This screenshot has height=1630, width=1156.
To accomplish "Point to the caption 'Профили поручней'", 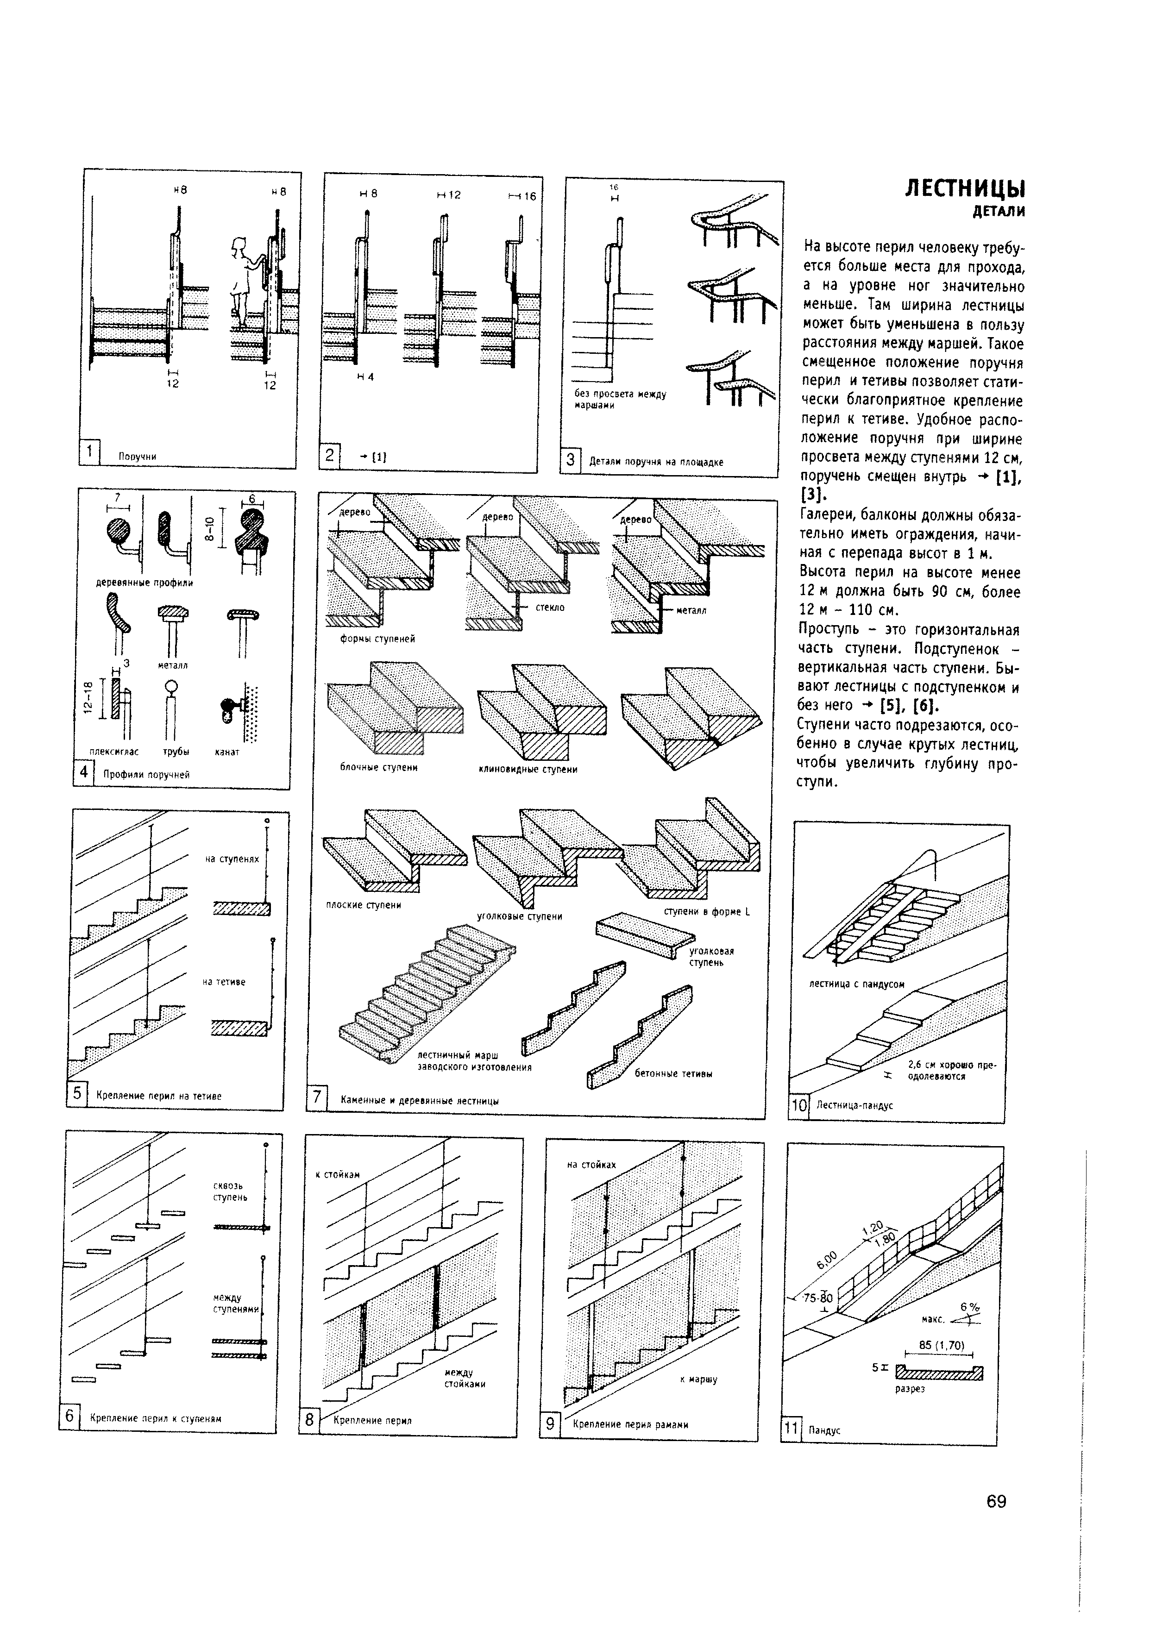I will point(147,774).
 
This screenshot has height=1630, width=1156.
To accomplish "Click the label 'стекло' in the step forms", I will point(550,607).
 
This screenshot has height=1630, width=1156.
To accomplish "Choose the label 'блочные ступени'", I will point(379,767).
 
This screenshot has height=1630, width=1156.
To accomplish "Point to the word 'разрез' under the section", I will point(910,1389).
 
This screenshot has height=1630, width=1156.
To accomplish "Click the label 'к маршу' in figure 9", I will point(698,1379).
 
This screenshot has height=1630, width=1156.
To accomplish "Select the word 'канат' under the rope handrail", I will point(227,752).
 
